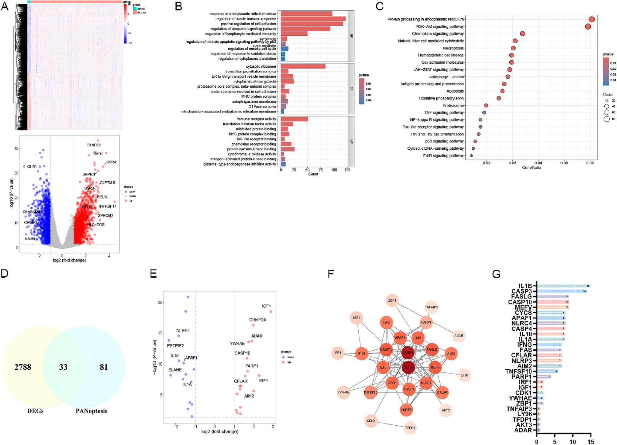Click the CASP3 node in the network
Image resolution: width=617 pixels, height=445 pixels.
(408, 352)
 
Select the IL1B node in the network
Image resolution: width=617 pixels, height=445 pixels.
(408, 367)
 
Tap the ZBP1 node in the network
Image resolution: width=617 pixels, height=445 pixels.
(392, 301)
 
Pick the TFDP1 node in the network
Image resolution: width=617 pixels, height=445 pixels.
(410, 428)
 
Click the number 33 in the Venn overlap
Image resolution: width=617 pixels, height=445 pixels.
(63, 367)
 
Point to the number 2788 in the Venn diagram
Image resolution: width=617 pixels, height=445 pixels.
(23, 367)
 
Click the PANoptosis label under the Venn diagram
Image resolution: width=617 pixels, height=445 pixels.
(91, 411)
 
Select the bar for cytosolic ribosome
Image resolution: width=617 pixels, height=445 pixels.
(303, 66)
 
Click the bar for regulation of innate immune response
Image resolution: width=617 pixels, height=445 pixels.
(313, 19)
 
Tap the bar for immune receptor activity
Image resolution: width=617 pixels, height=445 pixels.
(294, 119)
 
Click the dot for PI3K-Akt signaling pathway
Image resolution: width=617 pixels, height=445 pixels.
(588, 26)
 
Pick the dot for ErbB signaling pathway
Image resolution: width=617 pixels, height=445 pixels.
(471, 156)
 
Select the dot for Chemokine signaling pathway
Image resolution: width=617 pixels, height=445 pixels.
(522, 33)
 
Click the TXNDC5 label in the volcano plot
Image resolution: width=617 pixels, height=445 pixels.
(94, 145)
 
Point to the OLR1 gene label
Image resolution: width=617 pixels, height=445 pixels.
(32, 167)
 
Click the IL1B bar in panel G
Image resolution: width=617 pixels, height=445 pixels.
(563, 286)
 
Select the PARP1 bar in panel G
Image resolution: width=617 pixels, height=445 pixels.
(544, 377)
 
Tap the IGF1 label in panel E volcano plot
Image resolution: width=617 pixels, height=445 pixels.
(266, 306)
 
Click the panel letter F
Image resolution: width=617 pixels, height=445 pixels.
(331, 274)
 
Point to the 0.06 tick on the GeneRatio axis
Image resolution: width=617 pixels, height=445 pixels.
(590, 163)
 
